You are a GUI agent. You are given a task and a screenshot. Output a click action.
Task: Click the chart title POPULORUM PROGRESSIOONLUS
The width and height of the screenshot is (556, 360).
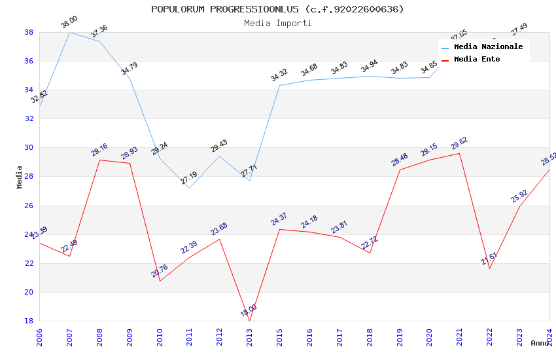277,9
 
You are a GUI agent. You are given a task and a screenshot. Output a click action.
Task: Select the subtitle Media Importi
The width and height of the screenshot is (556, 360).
277,23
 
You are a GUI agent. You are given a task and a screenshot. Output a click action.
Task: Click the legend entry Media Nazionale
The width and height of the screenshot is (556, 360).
488,47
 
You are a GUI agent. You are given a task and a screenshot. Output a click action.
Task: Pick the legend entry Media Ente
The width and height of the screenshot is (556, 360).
477,60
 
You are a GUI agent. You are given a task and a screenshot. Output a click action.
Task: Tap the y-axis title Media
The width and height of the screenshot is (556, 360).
20,177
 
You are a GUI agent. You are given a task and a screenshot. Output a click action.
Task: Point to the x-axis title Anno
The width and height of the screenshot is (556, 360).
540,343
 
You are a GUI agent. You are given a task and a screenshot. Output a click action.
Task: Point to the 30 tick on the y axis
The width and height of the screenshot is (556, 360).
29,148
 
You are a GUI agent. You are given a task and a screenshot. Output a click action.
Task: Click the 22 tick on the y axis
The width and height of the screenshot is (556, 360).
29,263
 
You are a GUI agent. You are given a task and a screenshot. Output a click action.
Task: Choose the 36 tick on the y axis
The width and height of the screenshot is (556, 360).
29,62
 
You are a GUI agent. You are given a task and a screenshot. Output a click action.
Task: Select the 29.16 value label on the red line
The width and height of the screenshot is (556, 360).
99,151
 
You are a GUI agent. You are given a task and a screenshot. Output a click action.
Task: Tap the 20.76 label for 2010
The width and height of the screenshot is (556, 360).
160,272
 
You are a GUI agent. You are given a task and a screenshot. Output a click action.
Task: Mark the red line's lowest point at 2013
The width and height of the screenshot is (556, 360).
249,321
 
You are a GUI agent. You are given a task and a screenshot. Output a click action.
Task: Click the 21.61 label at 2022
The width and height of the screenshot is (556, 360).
489,259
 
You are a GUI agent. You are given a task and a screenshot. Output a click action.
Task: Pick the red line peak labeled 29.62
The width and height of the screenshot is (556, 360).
459,153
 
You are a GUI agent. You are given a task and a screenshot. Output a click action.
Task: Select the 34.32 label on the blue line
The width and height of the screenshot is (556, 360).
279,76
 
